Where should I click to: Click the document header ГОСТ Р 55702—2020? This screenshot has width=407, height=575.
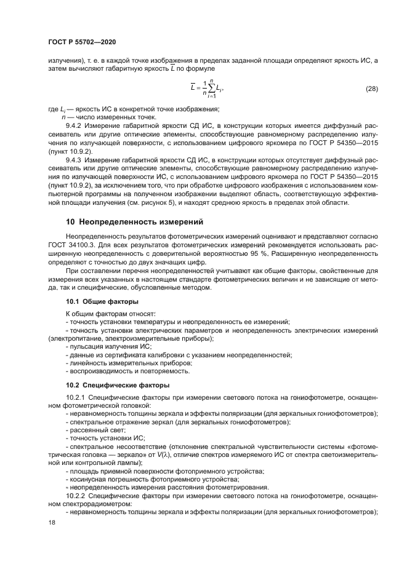pos(82,41)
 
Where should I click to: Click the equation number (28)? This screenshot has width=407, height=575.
pos(371,89)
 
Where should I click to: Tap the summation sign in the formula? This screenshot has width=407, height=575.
pos(211,89)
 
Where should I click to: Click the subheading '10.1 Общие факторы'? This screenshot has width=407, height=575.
pos(102,301)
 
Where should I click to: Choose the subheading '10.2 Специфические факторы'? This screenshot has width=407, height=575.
pos(118,385)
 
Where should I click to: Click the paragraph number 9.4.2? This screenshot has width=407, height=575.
pos(75,125)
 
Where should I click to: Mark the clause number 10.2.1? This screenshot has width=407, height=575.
pos(76,397)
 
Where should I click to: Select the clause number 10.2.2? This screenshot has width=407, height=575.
pos(76,494)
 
